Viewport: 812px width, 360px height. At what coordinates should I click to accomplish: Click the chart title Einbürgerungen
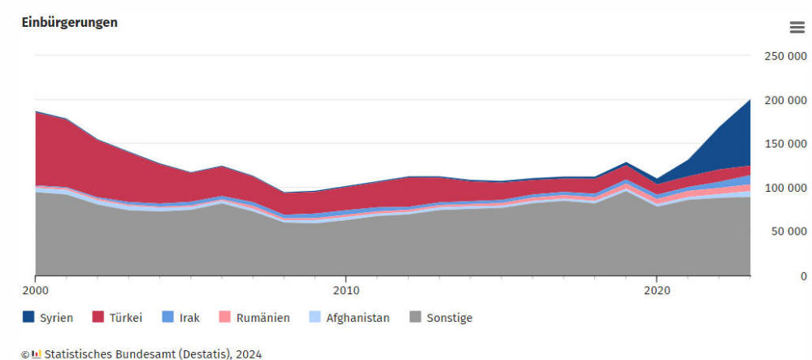pos(69,23)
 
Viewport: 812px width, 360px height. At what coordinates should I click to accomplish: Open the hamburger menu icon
pos(797,28)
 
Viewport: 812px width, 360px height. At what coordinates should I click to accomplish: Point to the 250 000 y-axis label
pos(786,56)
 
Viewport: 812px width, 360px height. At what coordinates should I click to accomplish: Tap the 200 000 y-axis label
pos(786,100)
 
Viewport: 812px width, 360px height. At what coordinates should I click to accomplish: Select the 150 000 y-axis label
pos(786,144)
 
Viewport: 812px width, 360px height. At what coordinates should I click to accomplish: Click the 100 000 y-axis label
pos(786,188)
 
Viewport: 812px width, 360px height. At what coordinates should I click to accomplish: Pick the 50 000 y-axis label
pos(788,231)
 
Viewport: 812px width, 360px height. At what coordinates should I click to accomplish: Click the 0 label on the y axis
pos(803,276)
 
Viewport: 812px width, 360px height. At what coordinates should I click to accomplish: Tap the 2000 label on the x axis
pos(36,290)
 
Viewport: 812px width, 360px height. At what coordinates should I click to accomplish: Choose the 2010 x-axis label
pos(346,290)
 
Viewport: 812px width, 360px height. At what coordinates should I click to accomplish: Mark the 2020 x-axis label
pos(657,290)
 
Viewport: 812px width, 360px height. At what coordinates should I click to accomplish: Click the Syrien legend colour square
pos(28,317)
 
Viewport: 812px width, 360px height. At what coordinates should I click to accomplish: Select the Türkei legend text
pos(126,318)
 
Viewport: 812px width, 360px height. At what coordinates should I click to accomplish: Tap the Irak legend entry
pos(180,318)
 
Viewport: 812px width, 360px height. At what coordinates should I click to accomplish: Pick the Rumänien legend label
pos(254,318)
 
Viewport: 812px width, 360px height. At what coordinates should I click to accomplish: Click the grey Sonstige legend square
pos(415,317)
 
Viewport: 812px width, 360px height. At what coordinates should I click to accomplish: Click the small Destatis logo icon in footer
pos(37,354)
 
